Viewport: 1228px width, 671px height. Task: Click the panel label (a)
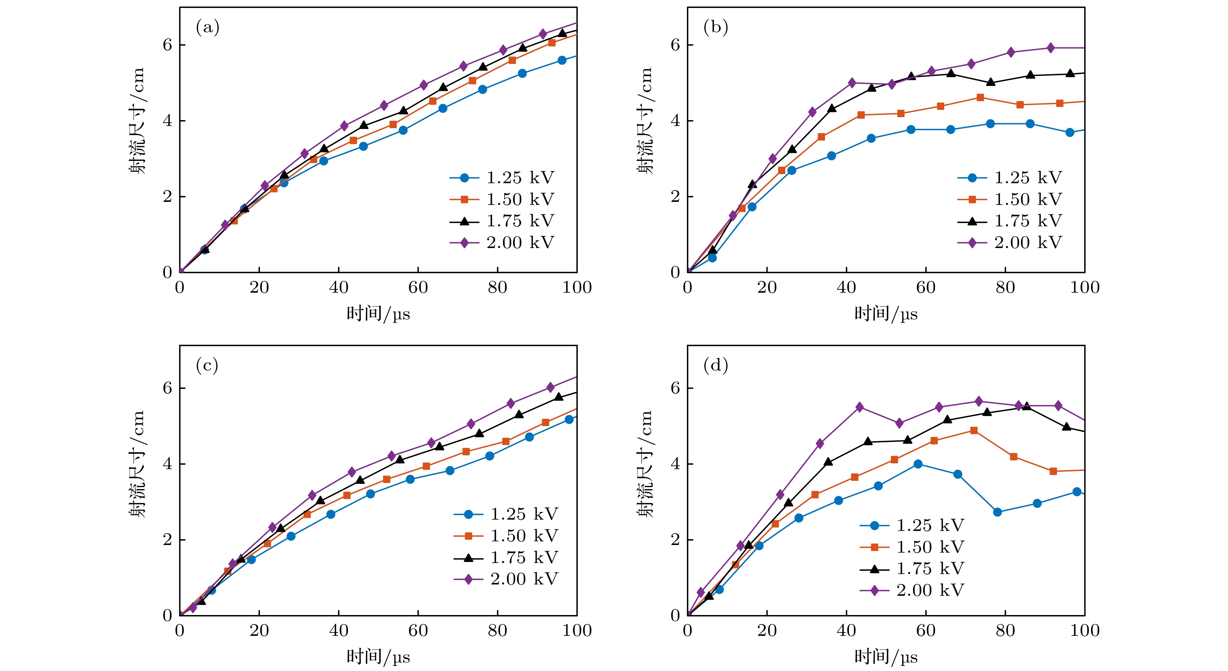click(x=207, y=28)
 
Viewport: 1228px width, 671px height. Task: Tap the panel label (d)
click(x=715, y=366)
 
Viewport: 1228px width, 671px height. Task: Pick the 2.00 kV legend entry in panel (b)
click(x=1010, y=243)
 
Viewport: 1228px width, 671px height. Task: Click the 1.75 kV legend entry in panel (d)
click(x=912, y=569)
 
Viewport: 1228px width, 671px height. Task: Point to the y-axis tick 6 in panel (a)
click(x=167, y=45)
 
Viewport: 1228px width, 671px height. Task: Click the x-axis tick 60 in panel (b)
click(x=926, y=287)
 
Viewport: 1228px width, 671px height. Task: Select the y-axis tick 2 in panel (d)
click(x=675, y=540)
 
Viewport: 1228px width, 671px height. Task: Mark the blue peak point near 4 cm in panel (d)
click(x=918, y=464)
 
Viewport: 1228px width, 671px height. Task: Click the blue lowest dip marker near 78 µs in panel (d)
click(x=997, y=512)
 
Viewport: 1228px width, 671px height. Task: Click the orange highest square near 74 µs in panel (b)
click(x=980, y=97)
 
